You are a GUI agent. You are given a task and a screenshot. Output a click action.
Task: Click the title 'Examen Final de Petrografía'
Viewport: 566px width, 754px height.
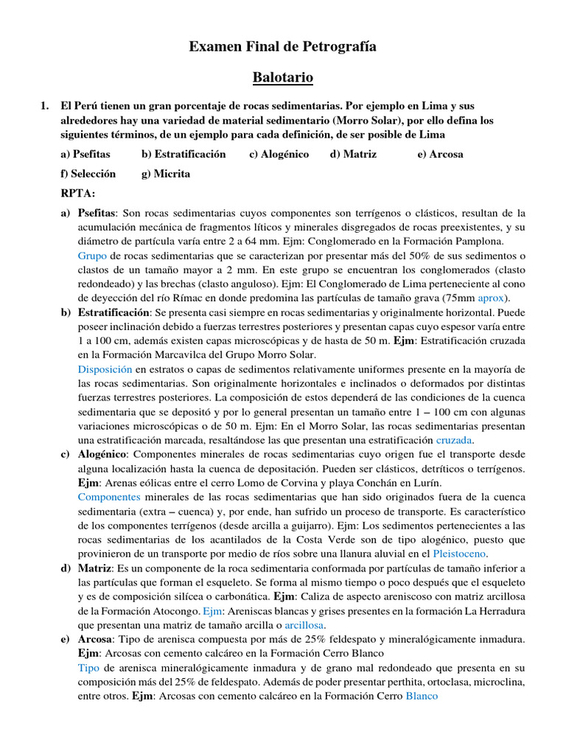(x=283, y=46)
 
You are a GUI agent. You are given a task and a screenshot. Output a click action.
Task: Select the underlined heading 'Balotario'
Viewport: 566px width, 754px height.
(x=283, y=77)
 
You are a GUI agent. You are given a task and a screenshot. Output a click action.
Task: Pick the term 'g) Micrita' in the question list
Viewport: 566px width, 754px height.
(x=165, y=174)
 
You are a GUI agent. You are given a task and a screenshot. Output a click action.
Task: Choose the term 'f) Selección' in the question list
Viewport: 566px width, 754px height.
(x=88, y=174)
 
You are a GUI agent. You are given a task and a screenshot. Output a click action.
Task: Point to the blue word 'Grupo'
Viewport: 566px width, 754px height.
(x=93, y=256)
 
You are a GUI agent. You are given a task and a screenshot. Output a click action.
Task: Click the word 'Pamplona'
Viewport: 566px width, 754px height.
(x=483, y=242)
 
